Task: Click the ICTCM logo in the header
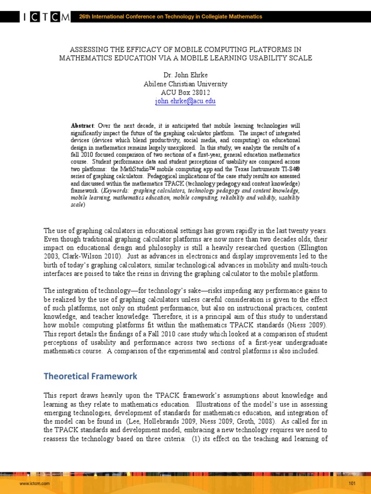click(46, 17)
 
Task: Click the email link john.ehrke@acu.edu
click(185, 101)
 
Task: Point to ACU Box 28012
click(185, 93)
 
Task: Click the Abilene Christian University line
click(185, 84)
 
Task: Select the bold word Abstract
click(82, 126)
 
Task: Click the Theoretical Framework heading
click(90, 376)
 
